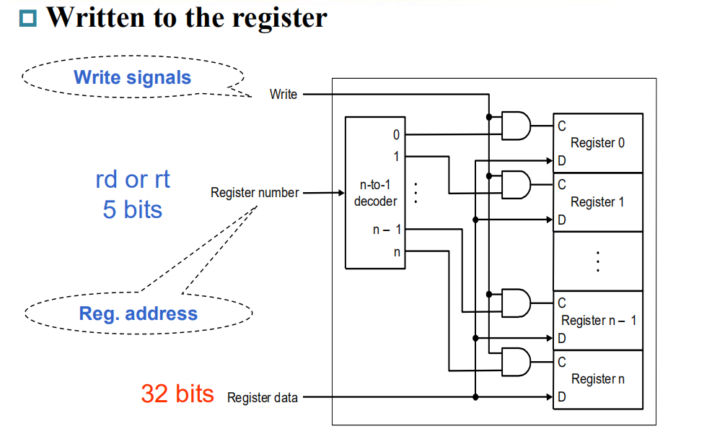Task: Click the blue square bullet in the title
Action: coord(27,18)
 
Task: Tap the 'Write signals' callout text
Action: coord(133,77)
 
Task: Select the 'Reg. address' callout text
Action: coord(138,313)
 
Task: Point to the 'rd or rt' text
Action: coord(133,179)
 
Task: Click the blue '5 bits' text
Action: coord(133,209)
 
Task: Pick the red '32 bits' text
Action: coord(177,394)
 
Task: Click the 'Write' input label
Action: coord(283,94)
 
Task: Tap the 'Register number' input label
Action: coord(254,193)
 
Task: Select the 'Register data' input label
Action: coord(262,397)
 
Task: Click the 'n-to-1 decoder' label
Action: coord(375,194)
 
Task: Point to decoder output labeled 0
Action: coord(396,134)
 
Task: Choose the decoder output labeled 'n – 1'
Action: coord(387,230)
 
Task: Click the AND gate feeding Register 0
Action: coord(515,126)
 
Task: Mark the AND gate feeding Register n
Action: coord(515,362)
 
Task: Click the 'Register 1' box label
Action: coord(597,202)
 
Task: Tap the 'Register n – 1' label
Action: coord(599,320)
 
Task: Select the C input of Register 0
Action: coord(561,126)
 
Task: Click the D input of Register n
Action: coord(561,396)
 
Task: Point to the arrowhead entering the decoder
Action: coord(340,193)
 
